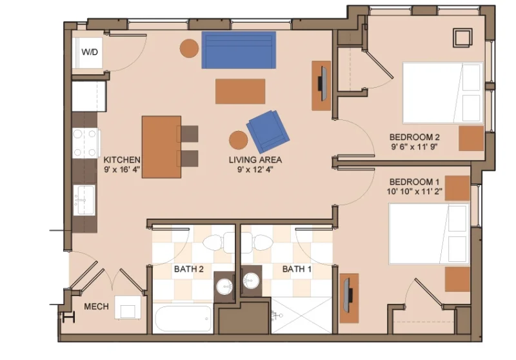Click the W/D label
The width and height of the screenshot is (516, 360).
point(90,52)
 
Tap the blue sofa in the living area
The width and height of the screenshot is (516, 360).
point(239,50)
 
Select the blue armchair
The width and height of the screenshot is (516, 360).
point(268,132)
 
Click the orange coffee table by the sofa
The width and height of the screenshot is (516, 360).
point(240,91)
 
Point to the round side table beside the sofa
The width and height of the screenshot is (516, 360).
point(189,48)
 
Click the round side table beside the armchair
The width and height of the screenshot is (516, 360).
point(238,140)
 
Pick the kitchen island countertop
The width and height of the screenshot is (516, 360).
point(161,146)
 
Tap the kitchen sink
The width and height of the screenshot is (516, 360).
point(84,200)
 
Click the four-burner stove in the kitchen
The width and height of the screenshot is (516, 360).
point(84,143)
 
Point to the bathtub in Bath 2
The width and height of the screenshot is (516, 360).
point(183,319)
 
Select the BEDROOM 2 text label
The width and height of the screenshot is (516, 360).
point(414,137)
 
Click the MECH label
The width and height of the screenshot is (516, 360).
point(96,306)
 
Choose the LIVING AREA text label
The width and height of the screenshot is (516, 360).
point(255,160)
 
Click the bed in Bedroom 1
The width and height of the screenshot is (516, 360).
point(429,234)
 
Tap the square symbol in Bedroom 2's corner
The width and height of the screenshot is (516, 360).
point(462,38)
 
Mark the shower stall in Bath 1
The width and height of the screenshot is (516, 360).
point(302,315)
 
